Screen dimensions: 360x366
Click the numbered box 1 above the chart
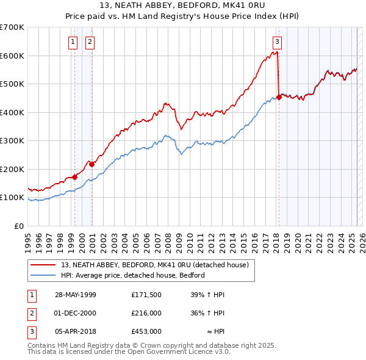click(73, 42)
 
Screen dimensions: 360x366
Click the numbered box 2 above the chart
click(90, 42)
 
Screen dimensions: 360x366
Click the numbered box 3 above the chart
click(277, 42)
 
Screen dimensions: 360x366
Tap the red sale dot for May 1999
click(74, 177)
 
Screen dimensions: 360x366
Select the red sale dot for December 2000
click(91, 164)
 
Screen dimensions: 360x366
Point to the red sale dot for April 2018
click(279, 97)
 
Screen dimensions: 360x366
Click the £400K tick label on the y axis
click(12, 112)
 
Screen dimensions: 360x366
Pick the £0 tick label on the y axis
click(19, 226)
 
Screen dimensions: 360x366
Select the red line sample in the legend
click(43, 265)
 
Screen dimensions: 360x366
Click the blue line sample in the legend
click(43, 275)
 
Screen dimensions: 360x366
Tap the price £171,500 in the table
click(146, 295)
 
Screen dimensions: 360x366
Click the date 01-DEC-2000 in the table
click(75, 314)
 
